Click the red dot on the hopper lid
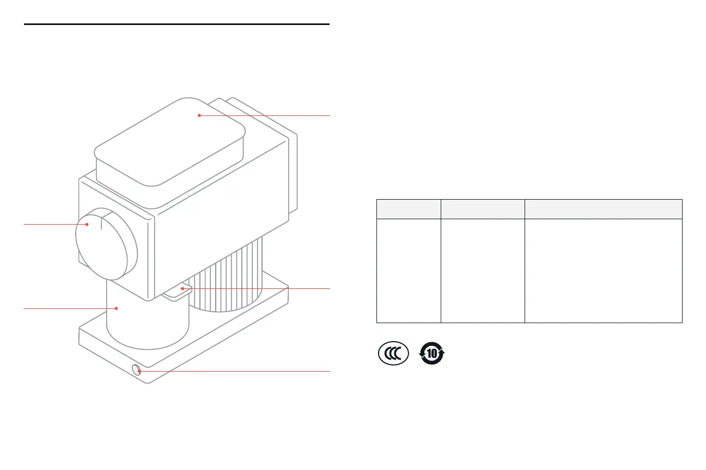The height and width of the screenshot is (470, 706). click(x=199, y=115)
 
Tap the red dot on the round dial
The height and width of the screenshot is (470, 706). click(x=87, y=224)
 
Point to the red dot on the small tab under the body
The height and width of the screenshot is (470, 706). click(x=182, y=288)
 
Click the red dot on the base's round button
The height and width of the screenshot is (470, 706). click(x=139, y=371)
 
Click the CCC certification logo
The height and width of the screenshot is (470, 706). click(x=393, y=355)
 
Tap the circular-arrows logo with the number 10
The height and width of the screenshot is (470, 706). click(x=431, y=355)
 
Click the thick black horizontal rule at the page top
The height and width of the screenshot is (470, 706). click(x=177, y=24)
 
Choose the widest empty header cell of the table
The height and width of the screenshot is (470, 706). click(x=603, y=209)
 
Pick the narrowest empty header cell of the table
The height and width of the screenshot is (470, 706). click(x=409, y=209)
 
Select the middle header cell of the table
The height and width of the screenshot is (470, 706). click(x=482, y=209)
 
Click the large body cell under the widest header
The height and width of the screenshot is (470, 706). click(x=603, y=271)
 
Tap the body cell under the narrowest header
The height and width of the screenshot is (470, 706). click(x=409, y=271)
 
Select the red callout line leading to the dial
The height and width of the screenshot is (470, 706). click(x=54, y=224)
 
